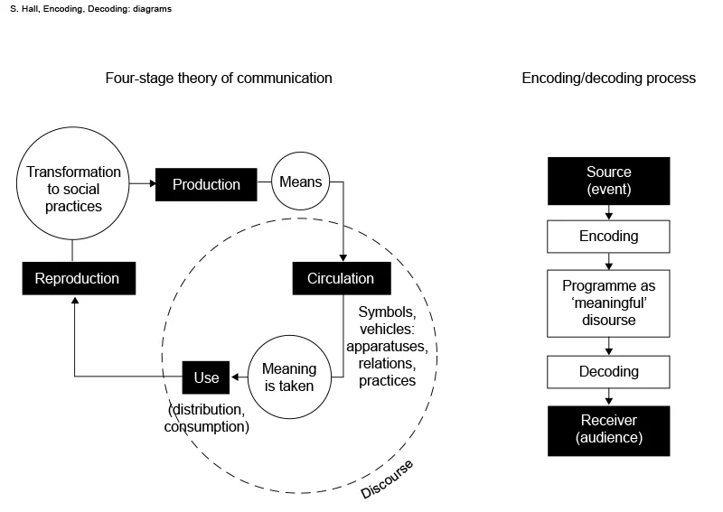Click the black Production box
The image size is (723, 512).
(x=206, y=184)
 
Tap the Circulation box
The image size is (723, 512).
(x=342, y=278)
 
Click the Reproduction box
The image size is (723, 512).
(x=79, y=278)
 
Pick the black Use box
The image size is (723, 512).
(x=206, y=377)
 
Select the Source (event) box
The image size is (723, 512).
(x=608, y=181)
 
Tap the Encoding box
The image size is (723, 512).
(x=608, y=237)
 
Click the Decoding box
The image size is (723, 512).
(x=608, y=371)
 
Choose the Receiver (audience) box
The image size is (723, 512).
(x=608, y=431)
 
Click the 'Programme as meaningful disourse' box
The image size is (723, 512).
(x=608, y=303)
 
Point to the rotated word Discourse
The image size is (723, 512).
(x=387, y=479)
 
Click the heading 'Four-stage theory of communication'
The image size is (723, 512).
(x=219, y=78)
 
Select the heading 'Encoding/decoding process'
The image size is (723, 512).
(x=608, y=78)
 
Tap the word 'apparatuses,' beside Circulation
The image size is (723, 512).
(x=388, y=347)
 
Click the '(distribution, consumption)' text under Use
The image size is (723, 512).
(x=207, y=418)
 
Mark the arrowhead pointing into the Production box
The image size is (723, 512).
(x=153, y=183)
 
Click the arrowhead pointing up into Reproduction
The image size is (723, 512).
(x=75, y=300)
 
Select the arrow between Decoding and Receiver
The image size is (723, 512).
(x=608, y=396)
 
